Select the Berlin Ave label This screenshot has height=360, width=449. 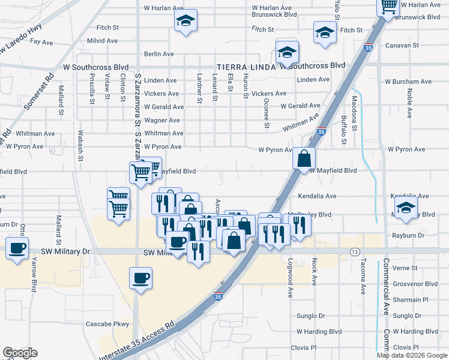(x=158, y=54)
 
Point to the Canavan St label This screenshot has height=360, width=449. (x=402, y=45)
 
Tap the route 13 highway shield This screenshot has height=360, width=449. (x=355, y=251)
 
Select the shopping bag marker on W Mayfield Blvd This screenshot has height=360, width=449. (x=304, y=158)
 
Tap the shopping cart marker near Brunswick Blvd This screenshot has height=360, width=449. (x=388, y=6)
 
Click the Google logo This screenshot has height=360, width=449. (x=20, y=353)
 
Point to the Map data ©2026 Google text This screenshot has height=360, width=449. (x=412, y=356)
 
